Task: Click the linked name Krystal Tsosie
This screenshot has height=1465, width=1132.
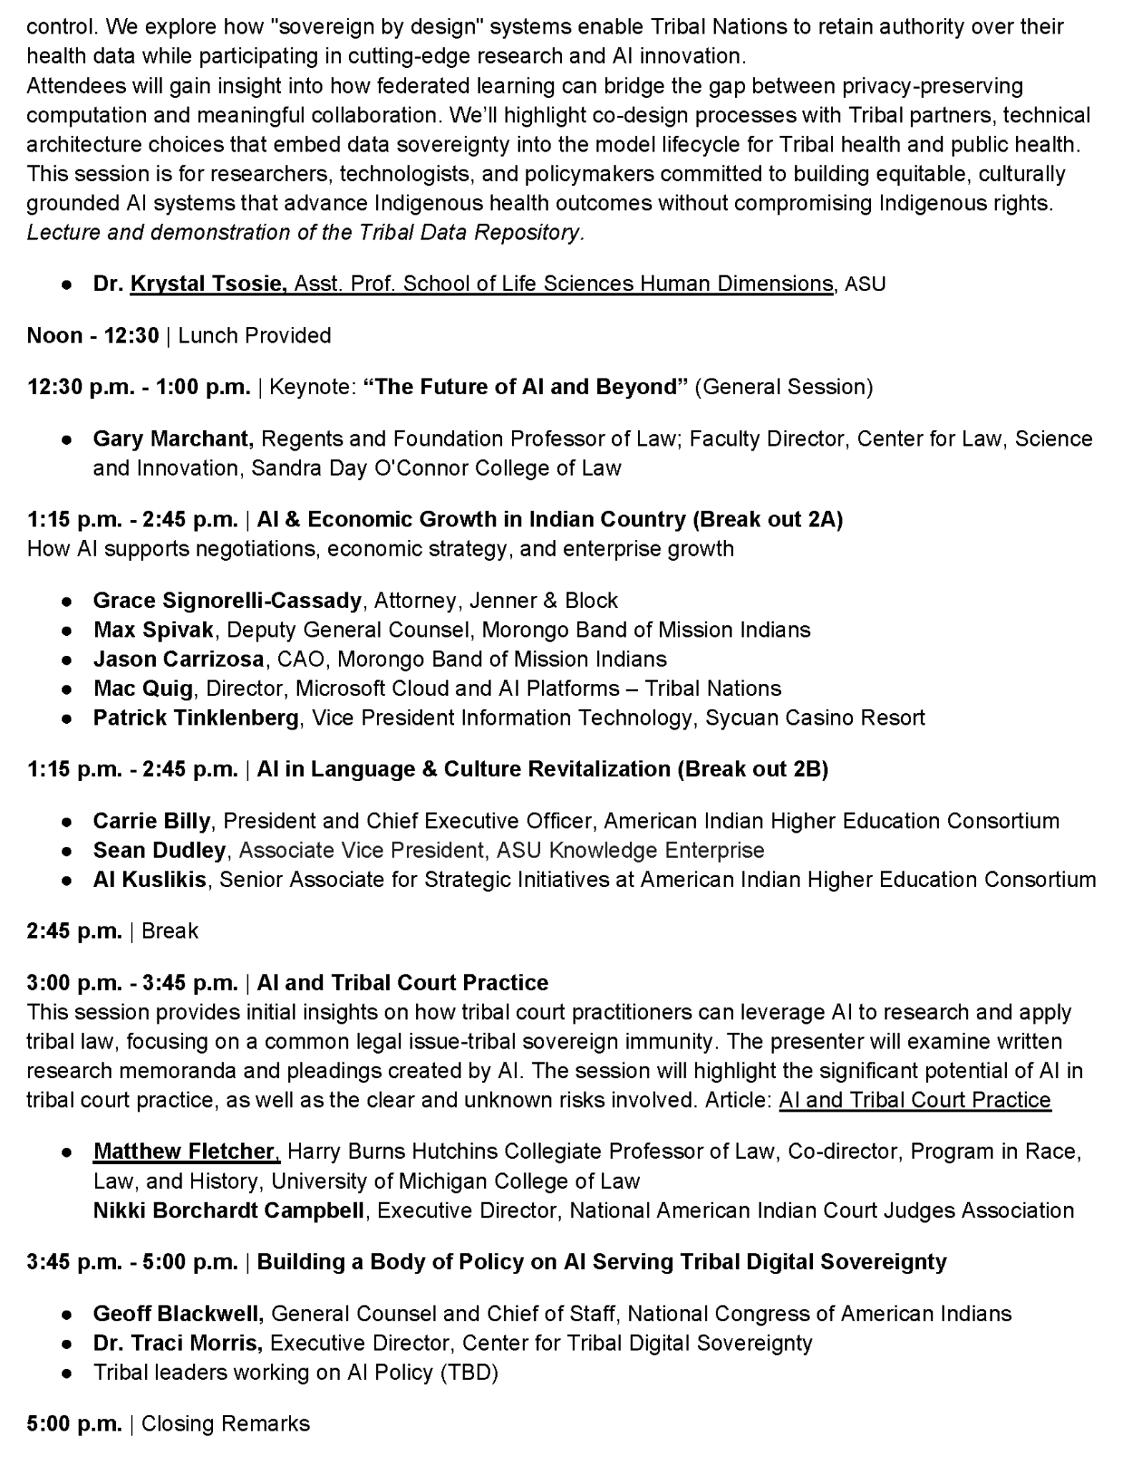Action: tap(207, 284)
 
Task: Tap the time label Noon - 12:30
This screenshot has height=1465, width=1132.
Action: tap(93, 335)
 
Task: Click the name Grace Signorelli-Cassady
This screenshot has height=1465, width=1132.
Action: tap(227, 600)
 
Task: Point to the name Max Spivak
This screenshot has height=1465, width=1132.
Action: tap(153, 629)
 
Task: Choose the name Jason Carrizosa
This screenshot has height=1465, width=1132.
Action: tap(179, 659)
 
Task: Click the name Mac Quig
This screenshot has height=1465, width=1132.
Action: tap(143, 688)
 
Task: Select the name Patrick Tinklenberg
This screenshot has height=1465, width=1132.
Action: tap(196, 717)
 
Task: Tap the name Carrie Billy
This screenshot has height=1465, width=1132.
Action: tap(152, 820)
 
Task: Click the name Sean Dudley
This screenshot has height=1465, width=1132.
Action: tap(159, 850)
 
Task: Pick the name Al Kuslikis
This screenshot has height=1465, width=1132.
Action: tap(150, 879)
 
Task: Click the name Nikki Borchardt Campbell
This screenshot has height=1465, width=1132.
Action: tap(229, 1210)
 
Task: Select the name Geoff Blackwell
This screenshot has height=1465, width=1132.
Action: tap(179, 1313)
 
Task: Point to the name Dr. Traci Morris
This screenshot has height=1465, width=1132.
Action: tap(177, 1343)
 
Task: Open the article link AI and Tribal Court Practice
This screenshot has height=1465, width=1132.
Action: tap(915, 1099)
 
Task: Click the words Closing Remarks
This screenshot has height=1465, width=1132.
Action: tap(226, 1424)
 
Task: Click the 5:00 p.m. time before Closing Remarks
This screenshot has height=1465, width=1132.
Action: tap(74, 1424)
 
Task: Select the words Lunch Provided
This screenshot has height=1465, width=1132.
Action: tap(255, 335)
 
